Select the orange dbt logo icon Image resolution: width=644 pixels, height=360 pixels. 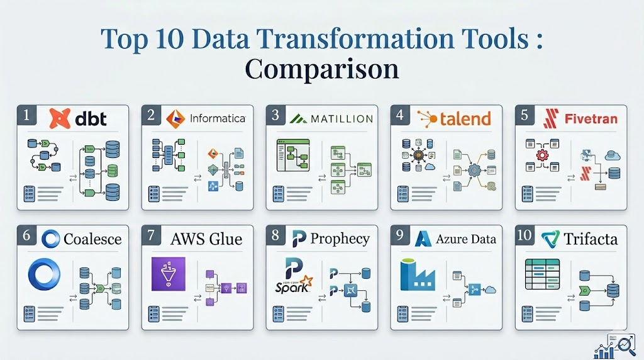tap(60, 118)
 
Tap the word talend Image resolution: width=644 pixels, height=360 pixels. tap(465, 118)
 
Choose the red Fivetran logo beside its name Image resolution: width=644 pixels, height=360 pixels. tap(552, 118)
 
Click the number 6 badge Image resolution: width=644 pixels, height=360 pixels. tap(26, 235)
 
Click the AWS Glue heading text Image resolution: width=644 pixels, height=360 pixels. tap(206, 239)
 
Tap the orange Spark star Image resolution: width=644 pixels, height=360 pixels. tap(306, 281)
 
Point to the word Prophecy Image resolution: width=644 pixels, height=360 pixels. tap(340, 239)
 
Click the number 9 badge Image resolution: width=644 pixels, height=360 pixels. tap(400, 235)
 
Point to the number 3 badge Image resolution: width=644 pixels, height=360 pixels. tap(275, 115)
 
